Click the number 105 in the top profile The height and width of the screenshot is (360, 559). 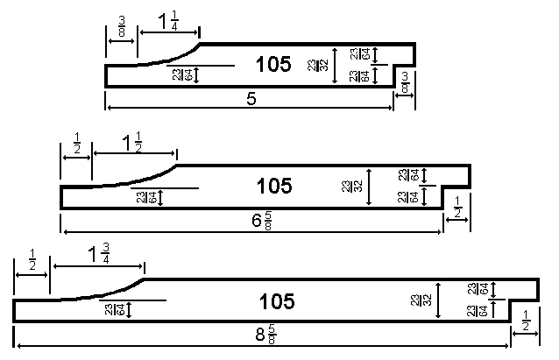(x=272, y=65)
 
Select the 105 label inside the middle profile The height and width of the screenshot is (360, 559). (x=273, y=186)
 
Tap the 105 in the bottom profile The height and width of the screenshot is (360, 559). (x=277, y=301)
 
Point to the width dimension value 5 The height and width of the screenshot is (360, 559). (x=251, y=100)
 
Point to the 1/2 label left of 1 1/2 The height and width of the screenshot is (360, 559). (x=76, y=140)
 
